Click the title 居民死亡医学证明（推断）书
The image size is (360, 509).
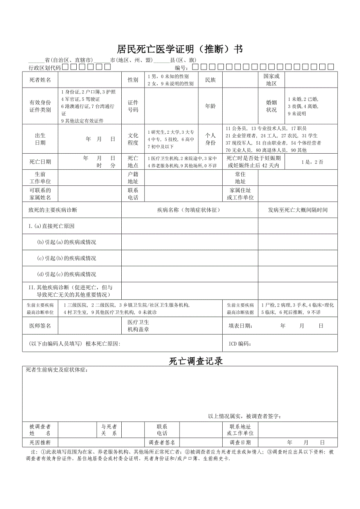coord(180,49)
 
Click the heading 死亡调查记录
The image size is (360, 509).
coord(196,361)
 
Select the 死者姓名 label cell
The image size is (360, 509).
coord(40,80)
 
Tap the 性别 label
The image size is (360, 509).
coord(133,80)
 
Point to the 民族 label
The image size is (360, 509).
coord(211,80)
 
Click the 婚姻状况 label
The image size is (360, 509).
coord(271,106)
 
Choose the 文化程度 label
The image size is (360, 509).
coord(133,139)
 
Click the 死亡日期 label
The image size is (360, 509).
coord(40,161)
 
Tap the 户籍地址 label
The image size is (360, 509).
coord(133,177)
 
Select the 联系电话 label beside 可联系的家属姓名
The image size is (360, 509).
coord(133,194)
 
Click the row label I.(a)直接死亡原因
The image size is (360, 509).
coord(51,226)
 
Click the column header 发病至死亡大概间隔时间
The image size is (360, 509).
coord(297,210)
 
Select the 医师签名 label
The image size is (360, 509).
coord(40,326)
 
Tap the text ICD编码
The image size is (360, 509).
coord(239,344)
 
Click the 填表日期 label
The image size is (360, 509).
coord(240,326)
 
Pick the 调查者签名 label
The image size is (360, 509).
coord(162,443)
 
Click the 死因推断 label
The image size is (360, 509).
coord(40,443)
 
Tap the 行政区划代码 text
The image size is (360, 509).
coord(45,67)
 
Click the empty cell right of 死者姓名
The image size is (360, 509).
coord(90,80)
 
